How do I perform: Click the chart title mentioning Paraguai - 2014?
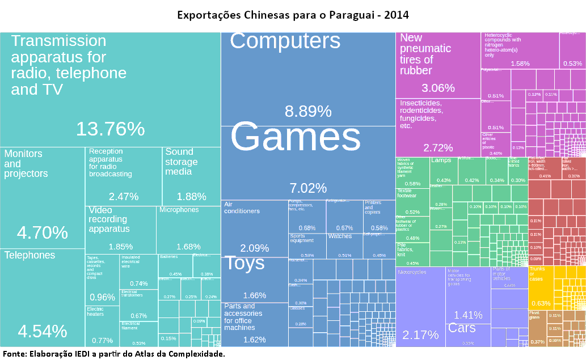coord(293,14)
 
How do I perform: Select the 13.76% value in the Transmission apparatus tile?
coord(111,129)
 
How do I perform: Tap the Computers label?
coord(285,41)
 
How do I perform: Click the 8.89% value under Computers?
coord(307,111)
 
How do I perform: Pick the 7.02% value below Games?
coord(308,188)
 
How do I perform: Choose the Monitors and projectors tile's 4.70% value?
coord(43,232)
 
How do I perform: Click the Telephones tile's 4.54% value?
coord(43,331)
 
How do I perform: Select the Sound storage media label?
coord(182,162)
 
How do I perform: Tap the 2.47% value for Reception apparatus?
coord(124,197)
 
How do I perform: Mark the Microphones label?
coord(179,210)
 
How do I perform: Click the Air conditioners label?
coord(242,207)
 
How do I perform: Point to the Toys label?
coord(244,263)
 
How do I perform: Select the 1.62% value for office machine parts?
coord(254,340)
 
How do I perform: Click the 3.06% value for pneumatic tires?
coord(438,88)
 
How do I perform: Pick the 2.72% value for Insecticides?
coord(438,148)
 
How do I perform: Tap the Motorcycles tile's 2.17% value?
coord(420,334)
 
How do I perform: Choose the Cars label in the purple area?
coord(462,328)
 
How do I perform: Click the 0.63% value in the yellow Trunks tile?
coord(541,303)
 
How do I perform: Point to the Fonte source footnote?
coord(114,354)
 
